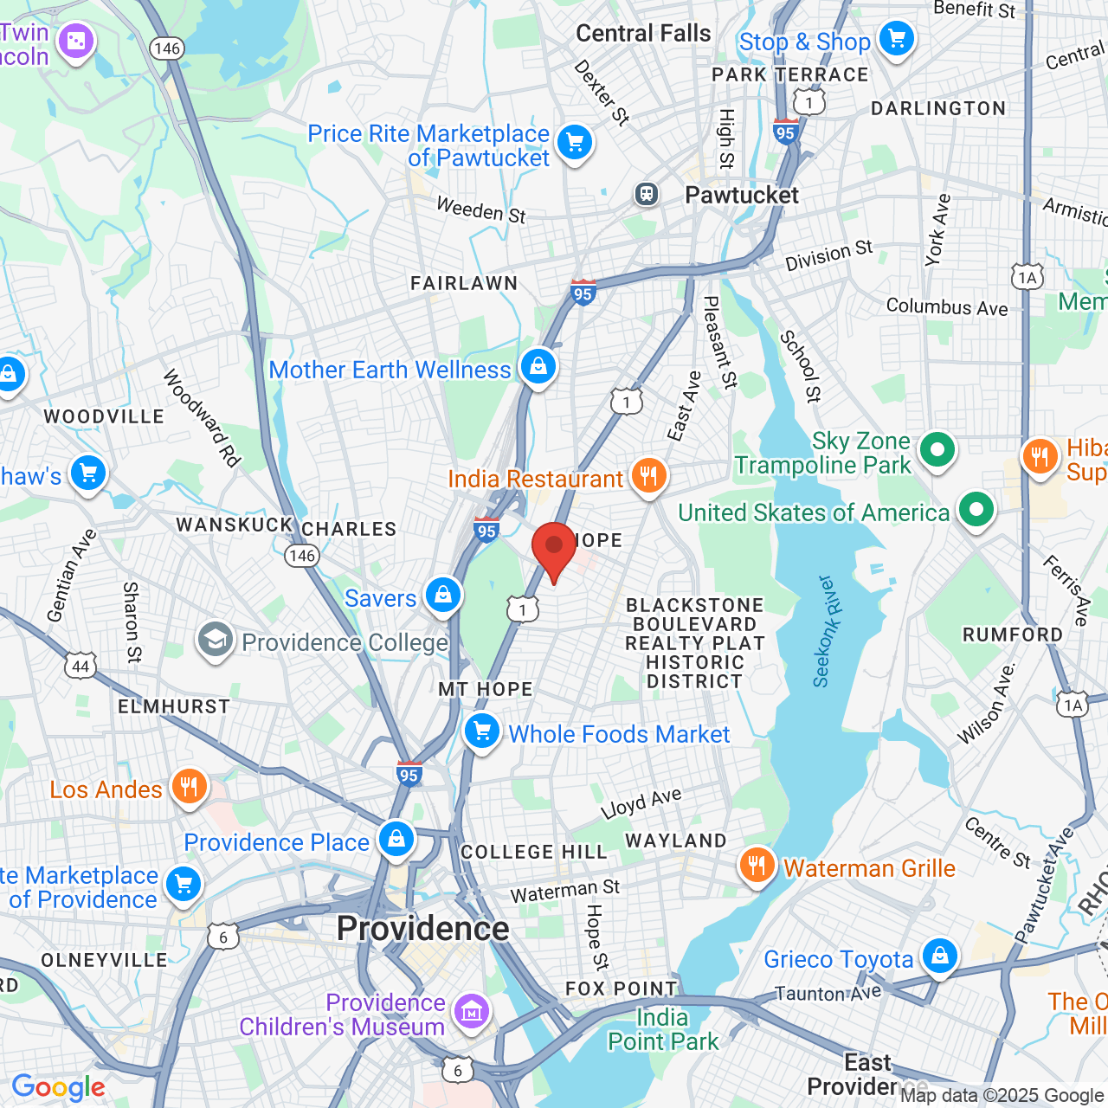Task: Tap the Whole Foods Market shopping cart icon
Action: pos(482,731)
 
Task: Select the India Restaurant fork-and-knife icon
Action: pos(647,475)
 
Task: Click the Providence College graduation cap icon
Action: pos(215,641)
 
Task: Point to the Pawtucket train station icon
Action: pos(647,194)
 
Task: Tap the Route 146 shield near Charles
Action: pos(301,555)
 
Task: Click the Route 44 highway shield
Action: pos(81,666)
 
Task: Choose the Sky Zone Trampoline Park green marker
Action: pos(937,449)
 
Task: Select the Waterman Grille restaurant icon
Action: pos(757,865)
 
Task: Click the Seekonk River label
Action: pos(823,631)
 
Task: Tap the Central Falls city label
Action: pos(643,34)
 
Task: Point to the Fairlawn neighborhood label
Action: pos(464,283)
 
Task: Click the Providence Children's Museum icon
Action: pos(472,1010)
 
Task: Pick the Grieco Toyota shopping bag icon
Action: pos(939,956)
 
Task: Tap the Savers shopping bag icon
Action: pos(442,596)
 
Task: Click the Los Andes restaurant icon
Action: pos(188,787)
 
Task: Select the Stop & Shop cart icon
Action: pos(896,39)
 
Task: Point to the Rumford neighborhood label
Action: pos(1013,635)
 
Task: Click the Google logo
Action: pos(58,1087)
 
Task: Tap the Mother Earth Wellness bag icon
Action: pos(538,367)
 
